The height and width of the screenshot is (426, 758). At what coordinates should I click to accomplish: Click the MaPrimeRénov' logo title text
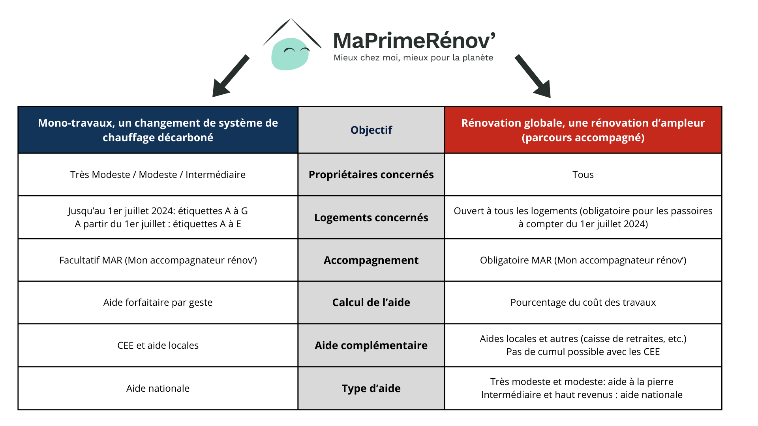click(414, 41)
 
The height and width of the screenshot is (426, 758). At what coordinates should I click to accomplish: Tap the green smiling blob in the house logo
click(290, 54)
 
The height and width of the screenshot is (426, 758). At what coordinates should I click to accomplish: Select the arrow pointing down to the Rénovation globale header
click(533, 77)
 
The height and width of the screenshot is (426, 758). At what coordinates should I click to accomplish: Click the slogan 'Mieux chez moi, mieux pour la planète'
click(413, 58)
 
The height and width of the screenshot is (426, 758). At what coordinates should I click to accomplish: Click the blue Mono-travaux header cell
click(158, 130)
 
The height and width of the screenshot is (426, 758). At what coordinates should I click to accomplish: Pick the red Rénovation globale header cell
click(583, 130)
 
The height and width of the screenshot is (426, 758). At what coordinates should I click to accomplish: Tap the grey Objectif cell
click(371, 130)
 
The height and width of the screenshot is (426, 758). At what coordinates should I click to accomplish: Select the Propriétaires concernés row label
click(371, 175)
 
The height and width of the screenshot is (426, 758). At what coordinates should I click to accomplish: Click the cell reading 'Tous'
click(583, 175)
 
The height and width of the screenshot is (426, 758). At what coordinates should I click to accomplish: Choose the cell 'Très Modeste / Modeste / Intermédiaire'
click(158, 175)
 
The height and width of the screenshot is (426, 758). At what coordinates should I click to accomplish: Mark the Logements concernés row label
click(371, 218)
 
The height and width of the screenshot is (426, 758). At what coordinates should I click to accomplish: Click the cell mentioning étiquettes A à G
click(158, 217)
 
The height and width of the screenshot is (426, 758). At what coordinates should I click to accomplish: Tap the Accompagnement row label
click(371, 260)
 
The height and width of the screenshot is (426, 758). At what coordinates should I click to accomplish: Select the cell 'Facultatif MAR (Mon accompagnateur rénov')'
click(158, 260)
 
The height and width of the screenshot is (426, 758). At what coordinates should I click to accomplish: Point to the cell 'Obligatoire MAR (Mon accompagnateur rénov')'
click(583, 260)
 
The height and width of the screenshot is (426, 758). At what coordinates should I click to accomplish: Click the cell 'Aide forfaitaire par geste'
click(158, 303)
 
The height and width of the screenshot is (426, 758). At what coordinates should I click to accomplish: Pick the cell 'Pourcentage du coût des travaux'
click(583, 303)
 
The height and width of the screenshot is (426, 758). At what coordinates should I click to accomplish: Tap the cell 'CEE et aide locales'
click(158, 346)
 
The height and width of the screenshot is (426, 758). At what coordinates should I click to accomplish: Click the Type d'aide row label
click(371, 389)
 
